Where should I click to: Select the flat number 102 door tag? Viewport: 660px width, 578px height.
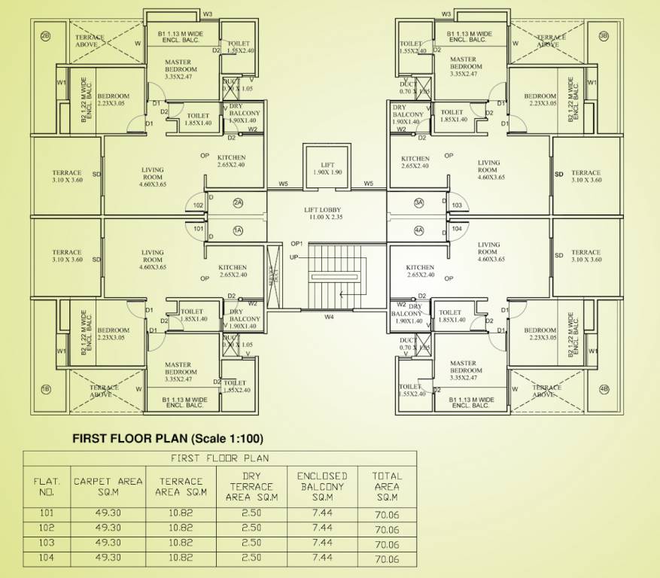tap(198, 205)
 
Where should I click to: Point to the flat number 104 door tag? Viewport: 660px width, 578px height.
tap(457, 228)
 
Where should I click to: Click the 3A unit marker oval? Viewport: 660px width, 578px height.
tap(419, 203)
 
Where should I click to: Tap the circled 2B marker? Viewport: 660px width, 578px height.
tap(45, 36)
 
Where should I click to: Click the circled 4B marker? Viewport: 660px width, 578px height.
tap(604, 389)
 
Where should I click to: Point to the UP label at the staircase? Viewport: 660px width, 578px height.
tap(294, 257)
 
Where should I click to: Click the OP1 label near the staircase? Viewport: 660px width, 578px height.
tap(296, 244)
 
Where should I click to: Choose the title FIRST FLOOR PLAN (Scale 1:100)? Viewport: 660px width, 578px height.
tap(167, 438)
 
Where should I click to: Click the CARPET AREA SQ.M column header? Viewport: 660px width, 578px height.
tap(108, 486)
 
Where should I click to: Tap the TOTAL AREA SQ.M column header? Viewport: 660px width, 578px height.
tap(387, 486)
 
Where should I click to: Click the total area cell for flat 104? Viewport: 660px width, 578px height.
tap(387, 558)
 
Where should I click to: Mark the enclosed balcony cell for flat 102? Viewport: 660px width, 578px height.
tap(322, 529)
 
